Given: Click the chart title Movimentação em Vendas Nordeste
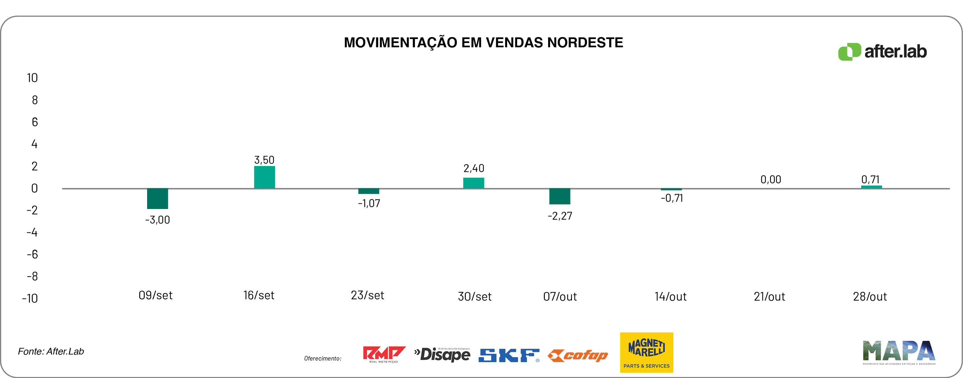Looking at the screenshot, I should tap(483, 43).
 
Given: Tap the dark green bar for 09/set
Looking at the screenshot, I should tap(157, 198).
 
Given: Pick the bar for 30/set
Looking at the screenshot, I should tap(473, 183).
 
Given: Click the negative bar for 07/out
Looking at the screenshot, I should tap(559, 196).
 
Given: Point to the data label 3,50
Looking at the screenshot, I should tap(264, 160).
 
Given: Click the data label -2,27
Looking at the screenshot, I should tap(560, 216).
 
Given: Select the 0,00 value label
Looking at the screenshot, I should tap(771, 180).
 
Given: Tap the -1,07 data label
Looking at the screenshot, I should tap(369, 203).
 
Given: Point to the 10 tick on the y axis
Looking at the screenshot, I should tap(32, 78).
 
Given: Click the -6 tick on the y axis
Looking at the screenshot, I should tap(32, 255).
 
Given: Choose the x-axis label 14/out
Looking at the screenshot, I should tap(670, 297).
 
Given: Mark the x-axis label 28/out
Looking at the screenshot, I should tap(869, 297).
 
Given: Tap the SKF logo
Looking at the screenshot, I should tap(509, 355).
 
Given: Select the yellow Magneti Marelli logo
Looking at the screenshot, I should tap(646, 352).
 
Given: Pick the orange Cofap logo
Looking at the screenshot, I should tap(578, 356).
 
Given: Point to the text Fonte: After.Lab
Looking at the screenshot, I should tap(51, 352).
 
